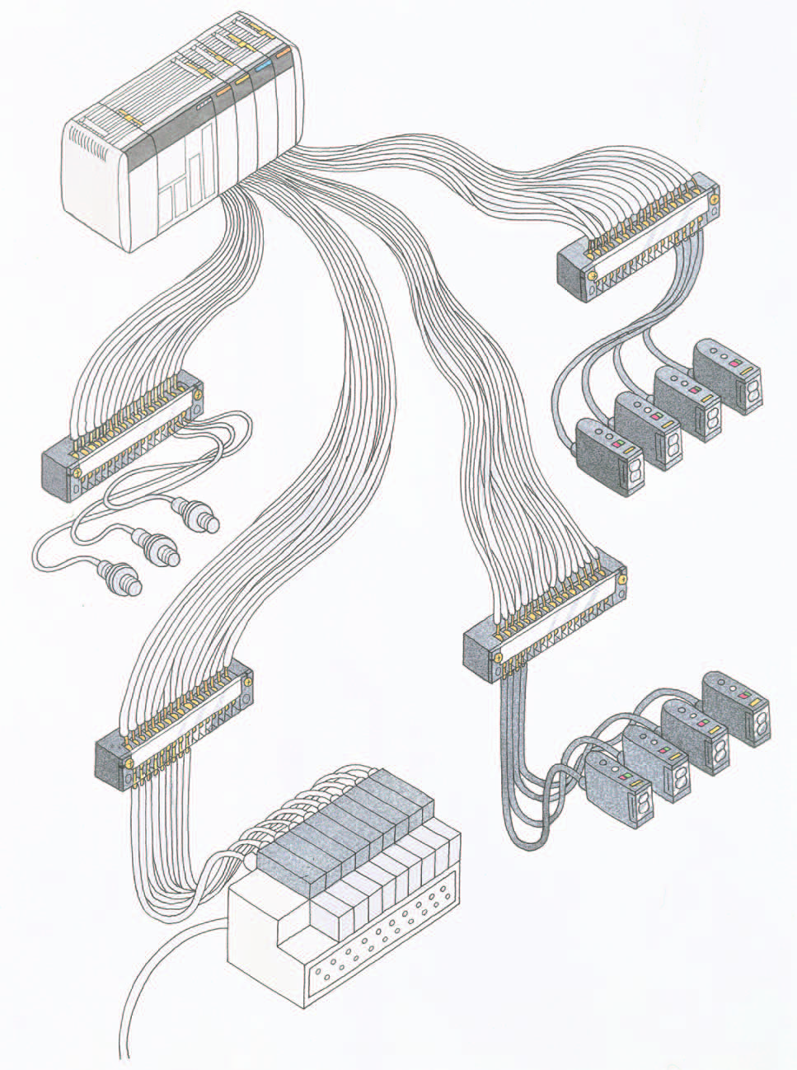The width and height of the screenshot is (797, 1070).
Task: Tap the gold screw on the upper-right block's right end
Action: [x=714, y=197]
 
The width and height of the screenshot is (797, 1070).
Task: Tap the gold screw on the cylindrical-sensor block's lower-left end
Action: [x=77, y=473]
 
